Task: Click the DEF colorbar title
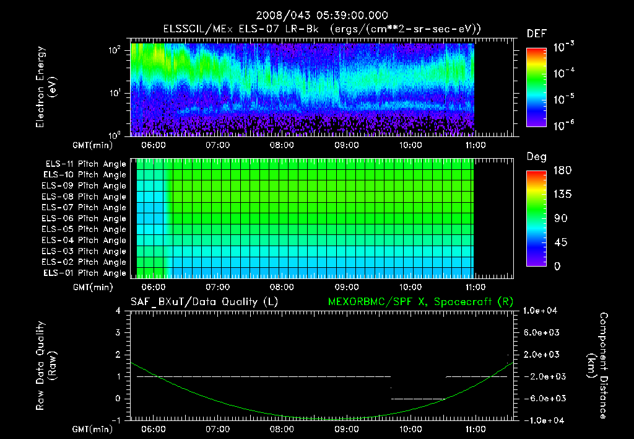click(x=536, y=33)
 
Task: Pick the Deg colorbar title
click(x=536, y=157)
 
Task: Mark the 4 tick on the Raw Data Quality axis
click(x=118, y=311)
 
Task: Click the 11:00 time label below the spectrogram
click(x=474, y=146)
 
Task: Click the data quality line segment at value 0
click(x=418, y=398)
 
